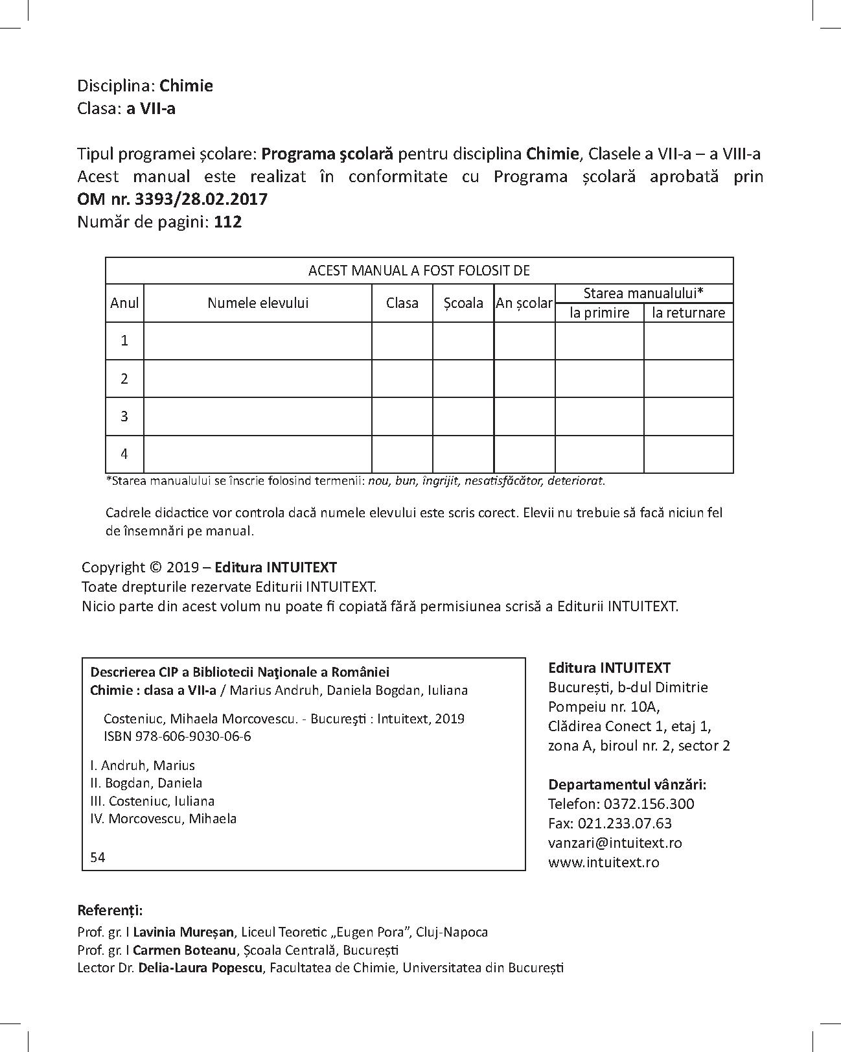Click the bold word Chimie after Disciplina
186,86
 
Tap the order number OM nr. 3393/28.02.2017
172,199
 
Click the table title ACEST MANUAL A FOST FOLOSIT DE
419,270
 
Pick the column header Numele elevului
258,303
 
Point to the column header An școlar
524,303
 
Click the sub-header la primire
599,312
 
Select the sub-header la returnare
688,312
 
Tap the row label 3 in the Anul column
124,415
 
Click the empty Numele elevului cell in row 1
258,340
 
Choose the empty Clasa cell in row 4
402,453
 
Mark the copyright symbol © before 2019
156,567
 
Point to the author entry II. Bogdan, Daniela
146,783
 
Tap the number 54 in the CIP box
98,857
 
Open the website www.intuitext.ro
603,862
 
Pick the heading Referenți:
109,909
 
